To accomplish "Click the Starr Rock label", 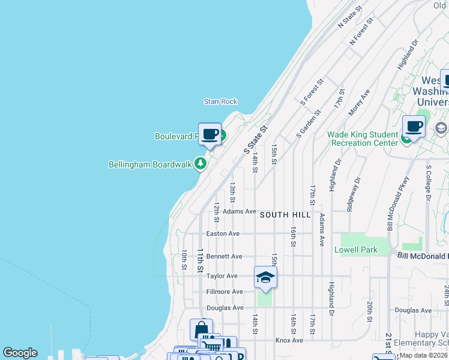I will tap(220, 101).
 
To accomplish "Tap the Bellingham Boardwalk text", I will tap(149, 164).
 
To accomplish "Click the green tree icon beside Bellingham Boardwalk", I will tap(201, 164).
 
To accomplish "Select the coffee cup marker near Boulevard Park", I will tap(209, 134).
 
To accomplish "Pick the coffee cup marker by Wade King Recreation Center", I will tap(414, 127).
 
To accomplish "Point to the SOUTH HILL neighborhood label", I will tap(285, 215).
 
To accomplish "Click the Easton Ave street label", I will tap(223, 233).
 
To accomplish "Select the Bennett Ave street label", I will tap(224, 256).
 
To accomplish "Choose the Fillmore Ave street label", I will tap(224, 292).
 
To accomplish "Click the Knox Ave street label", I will tap(289, 340).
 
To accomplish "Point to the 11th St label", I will tap(200, 260).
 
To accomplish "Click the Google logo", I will tap(20, 353).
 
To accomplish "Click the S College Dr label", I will tap(429, 182).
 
